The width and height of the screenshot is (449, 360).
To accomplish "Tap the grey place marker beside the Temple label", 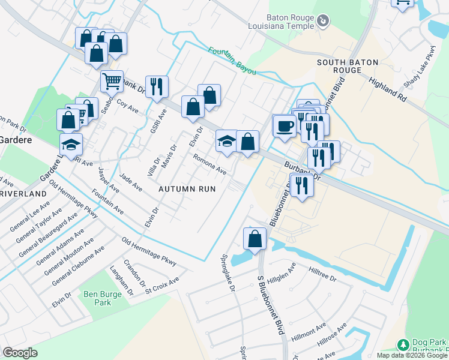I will pos(323,22).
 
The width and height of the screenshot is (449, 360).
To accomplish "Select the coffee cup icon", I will pos(284,126).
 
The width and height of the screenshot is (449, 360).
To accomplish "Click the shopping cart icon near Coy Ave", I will pos(112,81).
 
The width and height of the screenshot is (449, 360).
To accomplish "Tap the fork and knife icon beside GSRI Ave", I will pos(157,86).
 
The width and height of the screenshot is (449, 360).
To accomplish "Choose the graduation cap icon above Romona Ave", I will pos(226,141).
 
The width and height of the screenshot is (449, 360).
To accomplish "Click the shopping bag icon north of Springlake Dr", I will pos(255,238).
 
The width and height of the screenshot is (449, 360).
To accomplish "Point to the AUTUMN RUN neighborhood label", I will pos(187,188).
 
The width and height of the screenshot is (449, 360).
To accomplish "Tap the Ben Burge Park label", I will pos(98,298).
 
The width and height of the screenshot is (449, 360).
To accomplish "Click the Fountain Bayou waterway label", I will pos(232,61).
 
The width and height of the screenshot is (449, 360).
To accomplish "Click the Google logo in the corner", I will pos(20,353).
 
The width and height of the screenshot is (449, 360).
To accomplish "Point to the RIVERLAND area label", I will pos(23,194).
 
